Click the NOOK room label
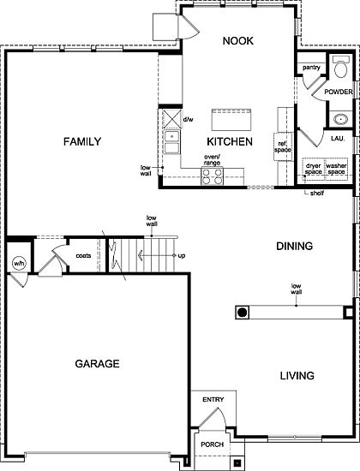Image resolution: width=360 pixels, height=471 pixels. tap(238, 41)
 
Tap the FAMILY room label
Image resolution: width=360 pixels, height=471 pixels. tap(82, 141)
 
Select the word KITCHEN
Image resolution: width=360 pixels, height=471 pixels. tap(230, 141)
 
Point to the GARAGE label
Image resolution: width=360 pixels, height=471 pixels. tap(97, 364)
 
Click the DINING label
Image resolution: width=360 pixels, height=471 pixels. tap(295, 246)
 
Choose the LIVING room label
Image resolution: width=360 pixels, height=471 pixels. tap(297, 375)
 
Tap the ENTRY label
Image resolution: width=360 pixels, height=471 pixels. tap(213, 400)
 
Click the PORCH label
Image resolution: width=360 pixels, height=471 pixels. tap(213, 444)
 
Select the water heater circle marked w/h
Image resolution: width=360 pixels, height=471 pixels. tap(19, 264)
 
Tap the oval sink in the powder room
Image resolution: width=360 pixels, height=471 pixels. tap(341, 120)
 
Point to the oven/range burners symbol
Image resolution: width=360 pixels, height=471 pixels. tap(213, 176)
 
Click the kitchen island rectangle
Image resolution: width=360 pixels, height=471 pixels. tap(231, 120)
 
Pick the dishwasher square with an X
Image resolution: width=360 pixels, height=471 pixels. tap(171, 120)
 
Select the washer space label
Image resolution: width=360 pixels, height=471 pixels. tap(336, 169)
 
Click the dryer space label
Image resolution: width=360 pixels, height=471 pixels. tap(314, 169)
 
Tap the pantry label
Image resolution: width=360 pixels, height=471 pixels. tap(311, 68)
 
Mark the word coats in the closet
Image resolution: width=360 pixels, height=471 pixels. tap(83, 256)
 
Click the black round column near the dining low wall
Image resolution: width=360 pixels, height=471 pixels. tap(243, 313)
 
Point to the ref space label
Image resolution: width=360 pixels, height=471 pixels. tap(283, 146)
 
